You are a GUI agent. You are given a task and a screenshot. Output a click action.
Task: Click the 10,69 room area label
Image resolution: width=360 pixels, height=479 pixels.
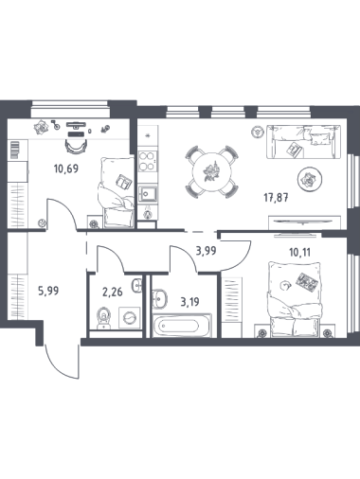pos(66,169)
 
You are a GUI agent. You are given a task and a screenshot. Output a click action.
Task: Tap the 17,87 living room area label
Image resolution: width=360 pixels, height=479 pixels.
pos(276,198)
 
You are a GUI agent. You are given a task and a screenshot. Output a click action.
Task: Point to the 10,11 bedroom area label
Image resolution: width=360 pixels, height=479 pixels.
pos(299,252)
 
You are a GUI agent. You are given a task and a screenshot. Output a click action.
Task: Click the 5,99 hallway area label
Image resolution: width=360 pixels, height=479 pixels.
pos(48,291)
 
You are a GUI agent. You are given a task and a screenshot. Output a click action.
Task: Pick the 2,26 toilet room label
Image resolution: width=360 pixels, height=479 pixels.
pos(113,293)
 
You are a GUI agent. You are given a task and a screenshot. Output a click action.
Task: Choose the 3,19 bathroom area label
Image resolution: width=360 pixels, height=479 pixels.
pos(189,302)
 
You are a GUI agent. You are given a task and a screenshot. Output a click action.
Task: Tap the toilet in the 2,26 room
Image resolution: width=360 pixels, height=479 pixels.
pos(103,318)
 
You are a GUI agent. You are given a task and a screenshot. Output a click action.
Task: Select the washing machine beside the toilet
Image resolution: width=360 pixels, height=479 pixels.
pos(130,318)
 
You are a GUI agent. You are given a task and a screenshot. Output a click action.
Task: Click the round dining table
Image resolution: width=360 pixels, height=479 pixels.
pos(212,172)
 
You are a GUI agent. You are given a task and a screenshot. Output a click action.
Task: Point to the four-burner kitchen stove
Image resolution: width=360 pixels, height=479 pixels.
pos(148,161)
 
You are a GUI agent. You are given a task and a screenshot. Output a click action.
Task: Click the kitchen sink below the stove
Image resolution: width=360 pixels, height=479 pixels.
pos(148,193)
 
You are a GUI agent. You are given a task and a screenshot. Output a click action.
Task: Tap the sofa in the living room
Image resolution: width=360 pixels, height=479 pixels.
pos(304,142)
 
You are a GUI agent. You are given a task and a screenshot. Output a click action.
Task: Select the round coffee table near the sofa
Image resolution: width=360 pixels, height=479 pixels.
pos(310,179)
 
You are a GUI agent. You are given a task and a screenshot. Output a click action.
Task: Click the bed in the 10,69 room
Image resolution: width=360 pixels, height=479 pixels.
pos(117,192)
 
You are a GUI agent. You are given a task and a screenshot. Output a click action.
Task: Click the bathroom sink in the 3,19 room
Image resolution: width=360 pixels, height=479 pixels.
pos(159,298)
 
